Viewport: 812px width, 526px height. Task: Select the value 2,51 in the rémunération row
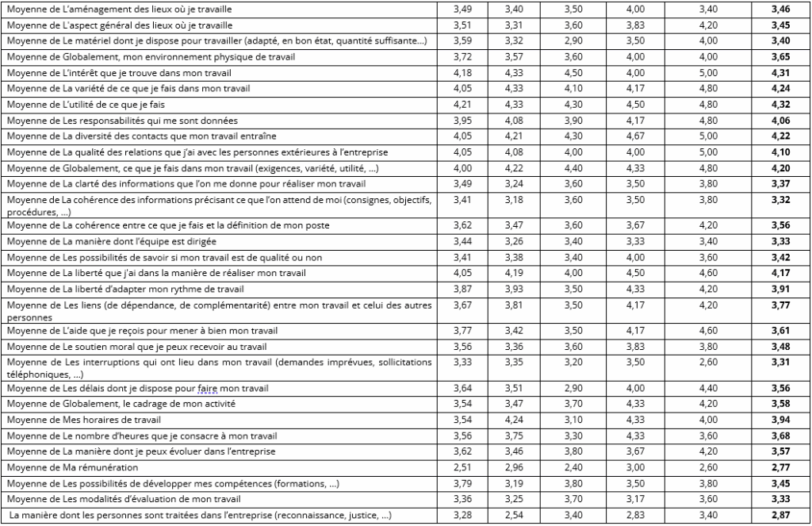pos(462,468)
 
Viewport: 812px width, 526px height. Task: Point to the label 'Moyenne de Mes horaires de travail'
pos(78,419)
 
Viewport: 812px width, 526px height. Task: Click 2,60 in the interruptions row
pos(708,363)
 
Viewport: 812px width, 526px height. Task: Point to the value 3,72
pos(462,57)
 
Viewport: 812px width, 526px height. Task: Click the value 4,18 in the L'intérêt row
pos(462,73)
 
